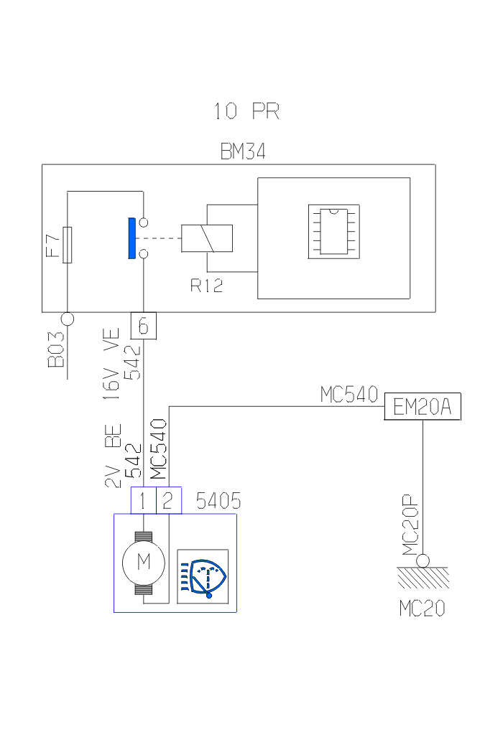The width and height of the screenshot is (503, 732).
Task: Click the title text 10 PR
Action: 246,111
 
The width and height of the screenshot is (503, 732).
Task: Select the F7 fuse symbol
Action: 67,245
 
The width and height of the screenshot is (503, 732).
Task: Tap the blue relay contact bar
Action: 131,238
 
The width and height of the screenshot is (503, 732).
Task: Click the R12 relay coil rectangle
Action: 207,238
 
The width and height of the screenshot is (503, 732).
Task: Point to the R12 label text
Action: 206,286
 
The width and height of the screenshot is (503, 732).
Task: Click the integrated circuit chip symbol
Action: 334,231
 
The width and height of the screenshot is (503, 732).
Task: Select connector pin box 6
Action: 143,327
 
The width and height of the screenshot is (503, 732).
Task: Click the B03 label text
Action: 57,351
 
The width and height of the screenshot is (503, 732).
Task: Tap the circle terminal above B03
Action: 67,318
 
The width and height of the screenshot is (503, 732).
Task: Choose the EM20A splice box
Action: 423,408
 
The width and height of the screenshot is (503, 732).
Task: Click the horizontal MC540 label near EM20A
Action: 349,395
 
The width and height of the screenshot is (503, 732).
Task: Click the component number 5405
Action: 218,501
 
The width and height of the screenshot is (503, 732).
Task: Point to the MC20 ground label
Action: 422,609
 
